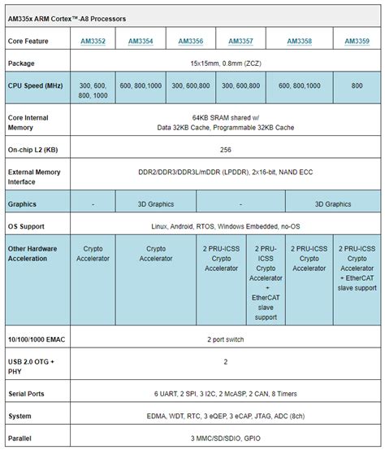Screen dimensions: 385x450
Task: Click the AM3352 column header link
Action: (93, 41)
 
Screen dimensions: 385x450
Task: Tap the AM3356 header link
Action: (190, 41)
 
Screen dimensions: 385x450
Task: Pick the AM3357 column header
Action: (240, 41)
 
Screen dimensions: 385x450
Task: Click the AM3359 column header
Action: (357, 41)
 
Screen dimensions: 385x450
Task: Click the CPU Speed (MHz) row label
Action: (37, 85)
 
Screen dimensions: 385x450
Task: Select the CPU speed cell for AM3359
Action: (357, 85)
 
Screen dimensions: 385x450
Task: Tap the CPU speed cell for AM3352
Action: (93, 90)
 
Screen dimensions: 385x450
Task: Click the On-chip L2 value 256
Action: (226, 150)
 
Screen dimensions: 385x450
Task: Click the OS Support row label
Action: (29, 226)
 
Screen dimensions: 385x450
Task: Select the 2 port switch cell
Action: (226, 337)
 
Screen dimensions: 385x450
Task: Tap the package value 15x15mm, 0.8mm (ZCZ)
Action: (226, 63)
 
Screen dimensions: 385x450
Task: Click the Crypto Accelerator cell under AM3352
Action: (93, 253)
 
